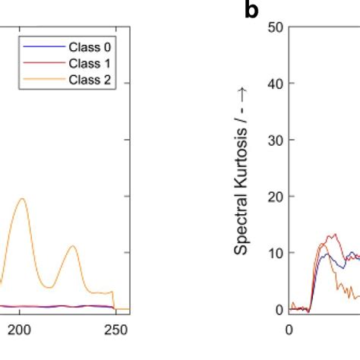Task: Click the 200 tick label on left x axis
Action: [x=21, y=330]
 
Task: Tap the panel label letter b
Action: [x=251, y=10]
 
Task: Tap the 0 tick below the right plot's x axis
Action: [x=289, y=330]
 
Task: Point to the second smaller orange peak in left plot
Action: [x=72, y=246]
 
